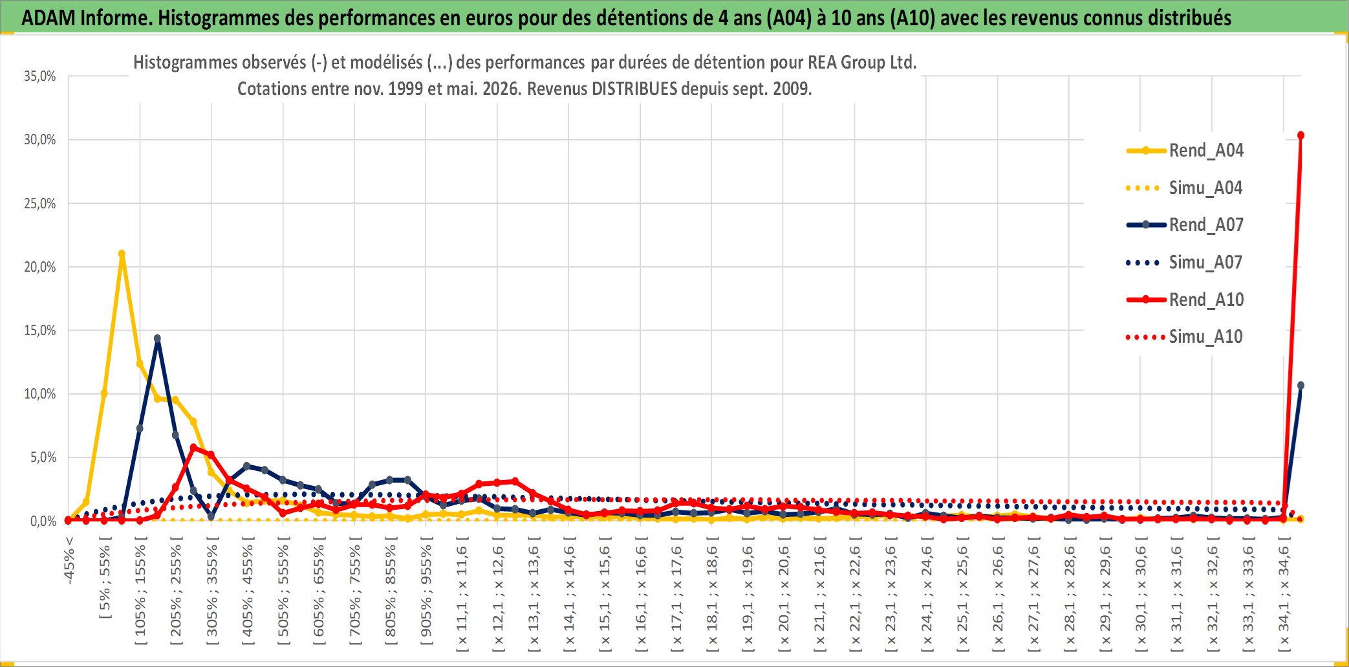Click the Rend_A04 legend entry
pyautogui.click(x=1185, y=151)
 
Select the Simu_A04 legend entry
pyautogui.click(x=1185, y=188)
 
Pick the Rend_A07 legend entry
pyautogui.click(x=1185, y=225)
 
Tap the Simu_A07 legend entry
pyautogui.click(x=1185, y=263)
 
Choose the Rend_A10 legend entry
pyautogui.click(x=1185, y=300)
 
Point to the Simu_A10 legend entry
pyautogui.click(x=1185, y=337)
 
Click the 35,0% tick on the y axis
pyautogui.click(x=40, y=76)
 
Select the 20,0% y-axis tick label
pyautogui.click(x=40, y=267)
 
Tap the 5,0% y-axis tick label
pyautogui.click(x=43, y=457)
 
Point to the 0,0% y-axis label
pyautogui.click(x=43, y=521)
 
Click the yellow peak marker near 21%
pyautogui.click(x=122, y=254)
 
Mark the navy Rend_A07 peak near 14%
pyautogui.click(x=157, y=338)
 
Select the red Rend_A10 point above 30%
pyautogui.click(x=1300, y=135)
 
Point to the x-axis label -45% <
pyautogui.click(x=69, y=560)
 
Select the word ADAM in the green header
pyautogui.click(x=49, y=17)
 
